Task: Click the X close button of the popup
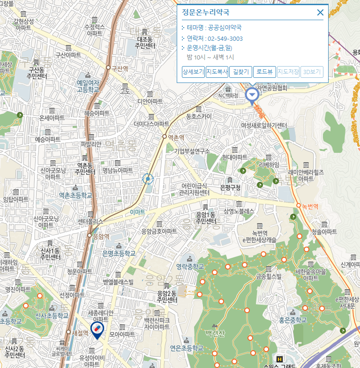(x=320, y=13)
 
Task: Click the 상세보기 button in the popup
(x=193, y=72)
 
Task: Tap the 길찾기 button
(x=241, y=72)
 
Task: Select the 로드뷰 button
(x=264, y=72)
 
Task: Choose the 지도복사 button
(x=217, y=72)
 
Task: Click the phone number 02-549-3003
(x=225, y=38)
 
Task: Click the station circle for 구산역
(x=108, y=68)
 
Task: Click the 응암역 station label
(x=101, y=236)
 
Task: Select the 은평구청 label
(x=230, y=188)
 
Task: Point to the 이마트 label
(x=137, y=212)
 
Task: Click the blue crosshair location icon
(x=148, y=179)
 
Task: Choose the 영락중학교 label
(x=190, y=266)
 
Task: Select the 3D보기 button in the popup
(x=312, y=72)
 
